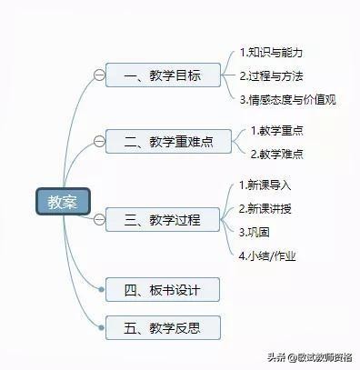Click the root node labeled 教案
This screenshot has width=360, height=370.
click(63, 202)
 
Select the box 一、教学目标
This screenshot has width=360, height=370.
click(163, 75)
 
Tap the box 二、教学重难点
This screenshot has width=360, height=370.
click(163, 141)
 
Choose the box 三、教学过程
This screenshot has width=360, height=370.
click(163, 219)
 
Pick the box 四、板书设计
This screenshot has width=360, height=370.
click(163, 290)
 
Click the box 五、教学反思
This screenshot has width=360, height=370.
click(163, 327)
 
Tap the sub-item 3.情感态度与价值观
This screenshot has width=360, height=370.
click(287, 99)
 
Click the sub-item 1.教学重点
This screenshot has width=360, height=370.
click(276, 131)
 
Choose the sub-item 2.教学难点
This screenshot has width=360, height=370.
click(276, 154)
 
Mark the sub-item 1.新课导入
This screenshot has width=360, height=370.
click(265, 185)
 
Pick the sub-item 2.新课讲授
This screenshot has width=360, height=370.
click(265, 208)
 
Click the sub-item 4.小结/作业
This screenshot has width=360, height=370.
click(267, 255)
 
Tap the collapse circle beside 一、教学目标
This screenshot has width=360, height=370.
click(98, 75)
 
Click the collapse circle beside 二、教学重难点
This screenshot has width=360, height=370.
click(98, 141)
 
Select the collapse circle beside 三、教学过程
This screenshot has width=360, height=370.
click(98, 219)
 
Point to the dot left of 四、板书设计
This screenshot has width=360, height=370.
click(103, 290)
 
